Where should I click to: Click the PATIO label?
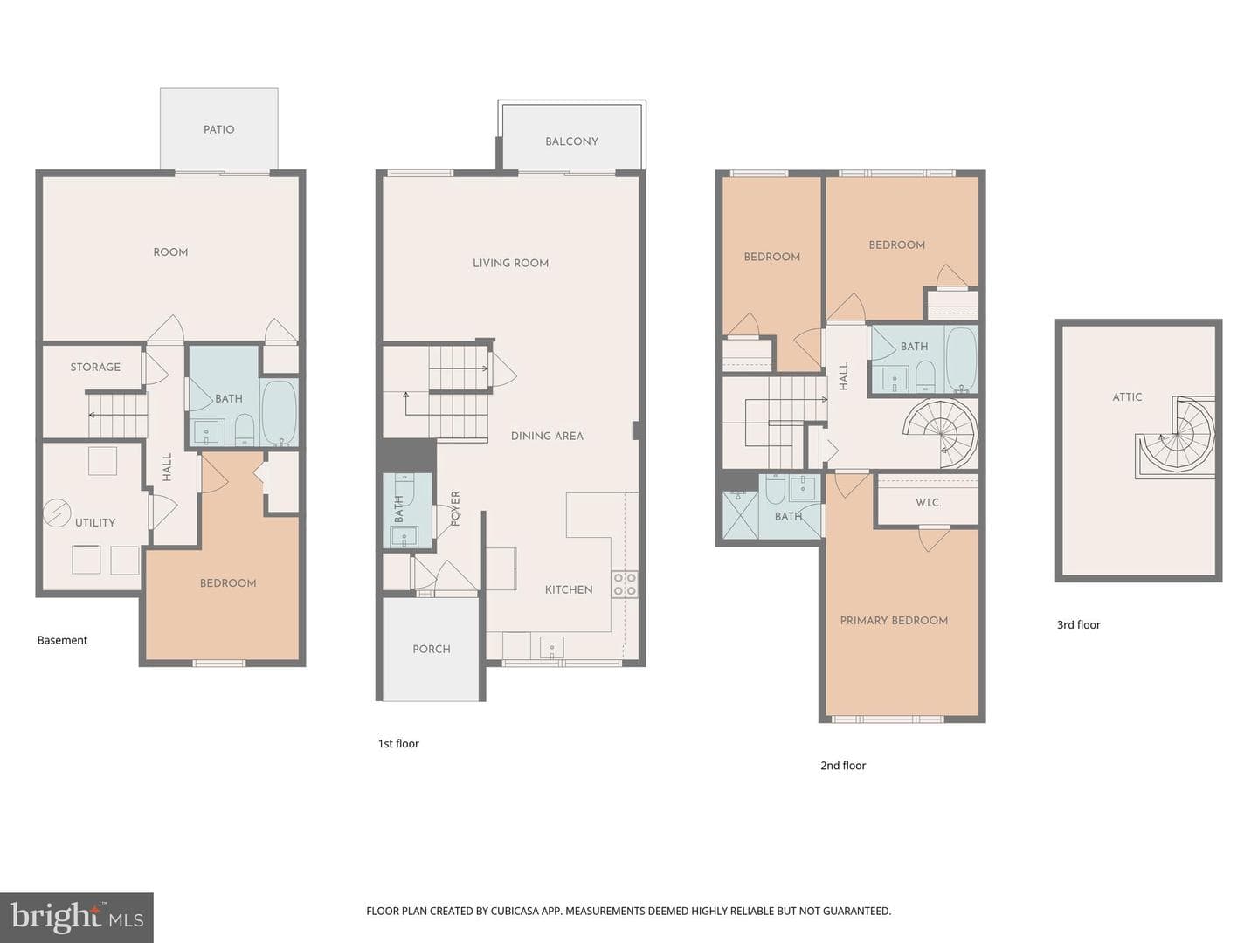pyautogui.click(x=219, y=129)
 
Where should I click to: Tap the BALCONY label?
pyautogui.click(x=571, y=141)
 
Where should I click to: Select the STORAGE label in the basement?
pyautogui.click(x=95, y=367)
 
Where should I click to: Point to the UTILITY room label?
pyautogui.click(x=95, y=522)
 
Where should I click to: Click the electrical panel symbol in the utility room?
pyautogui.click(x=58, y=513)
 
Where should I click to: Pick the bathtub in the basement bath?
pyautogui.click(x=279, y=412)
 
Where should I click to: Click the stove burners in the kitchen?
pyautogui.click(x=625, y=584)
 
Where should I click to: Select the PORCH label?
pyautogui.click(x=432, y=649)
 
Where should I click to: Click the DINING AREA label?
pyautogui.click(x=547, y=436)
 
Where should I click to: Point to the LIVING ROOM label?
pyautogui.click(x=510, y=264)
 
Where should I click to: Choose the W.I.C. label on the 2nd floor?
pyautogui.click(x=928, y=503)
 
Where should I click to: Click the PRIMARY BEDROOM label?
pyautogui.click(x=894, y=621)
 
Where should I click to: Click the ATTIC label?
pyautogui.click(x=1127, y=396)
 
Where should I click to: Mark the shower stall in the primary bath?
pyautogui.click(x=740, y=515)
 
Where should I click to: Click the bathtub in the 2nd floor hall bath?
pyautogui.click(x=961, y=359)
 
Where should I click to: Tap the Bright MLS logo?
pyautogui.click(x=76, y=917)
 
